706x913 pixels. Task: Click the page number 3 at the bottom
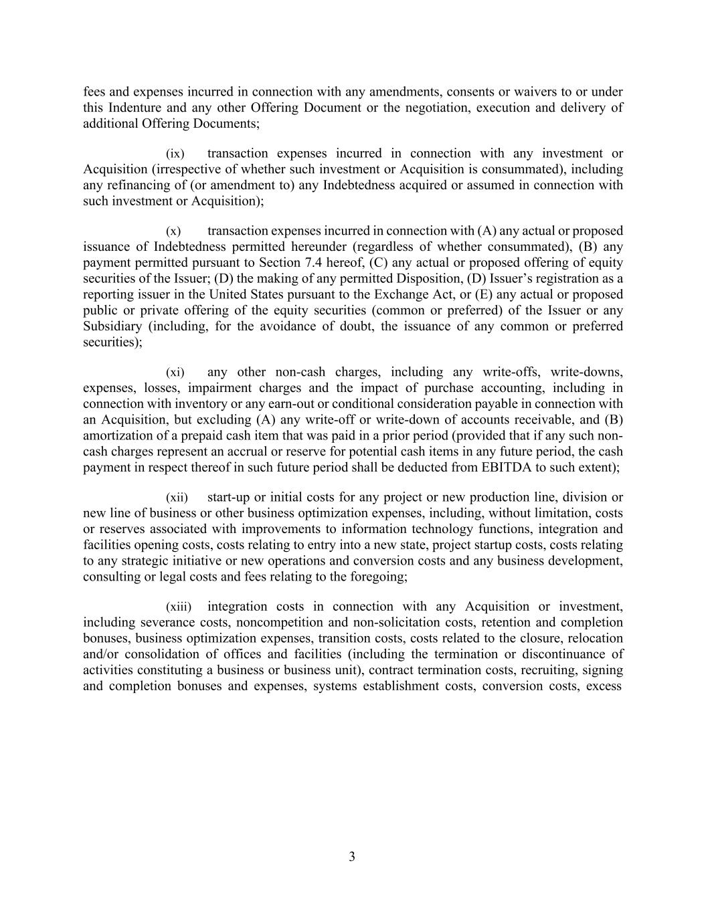pyautogui.click(x=352, y=857)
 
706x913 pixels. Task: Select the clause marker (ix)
pyautogui.click(x=175, y=154)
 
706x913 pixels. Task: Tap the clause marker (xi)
pyautogui.click(x=175, y=373)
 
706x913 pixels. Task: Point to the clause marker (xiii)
pyautogui.click(x=178, y=607)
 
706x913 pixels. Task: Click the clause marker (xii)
pyautogui.click(x=177, y=498)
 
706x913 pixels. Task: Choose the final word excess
pyautogui.click(x=604, y=686)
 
